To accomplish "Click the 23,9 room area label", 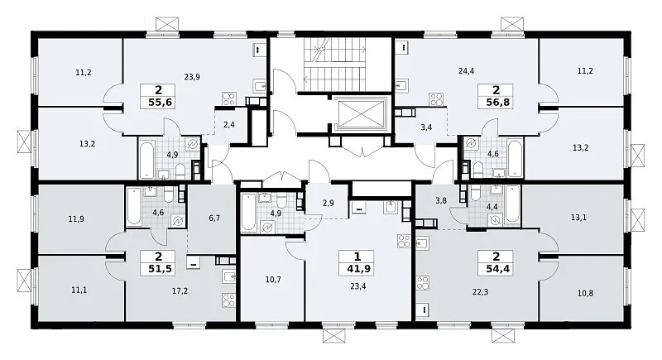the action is pos(192,77).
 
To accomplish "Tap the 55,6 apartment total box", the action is pos(159,96).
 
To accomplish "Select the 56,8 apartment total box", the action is pos(496,96).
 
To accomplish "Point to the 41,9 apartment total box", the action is pos(357,262).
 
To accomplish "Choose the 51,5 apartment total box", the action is pos(158,262).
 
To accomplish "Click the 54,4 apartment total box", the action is pos(496,262).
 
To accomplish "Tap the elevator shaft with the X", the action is pos(363,113).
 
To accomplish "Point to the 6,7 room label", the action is pos(214,218).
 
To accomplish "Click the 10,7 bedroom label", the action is pos(273,280).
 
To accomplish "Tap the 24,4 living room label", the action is pos(466,71).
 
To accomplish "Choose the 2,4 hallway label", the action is pos(229,124).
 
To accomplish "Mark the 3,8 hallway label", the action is pos(441,201).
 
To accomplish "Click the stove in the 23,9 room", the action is pos(229,98).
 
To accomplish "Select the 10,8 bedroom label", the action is pos(585,293).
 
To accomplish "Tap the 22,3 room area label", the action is pos(481,291).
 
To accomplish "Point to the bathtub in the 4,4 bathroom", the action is pos(512,204).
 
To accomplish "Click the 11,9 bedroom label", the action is pos(76,219).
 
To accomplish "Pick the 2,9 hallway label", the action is pos(328,203).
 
